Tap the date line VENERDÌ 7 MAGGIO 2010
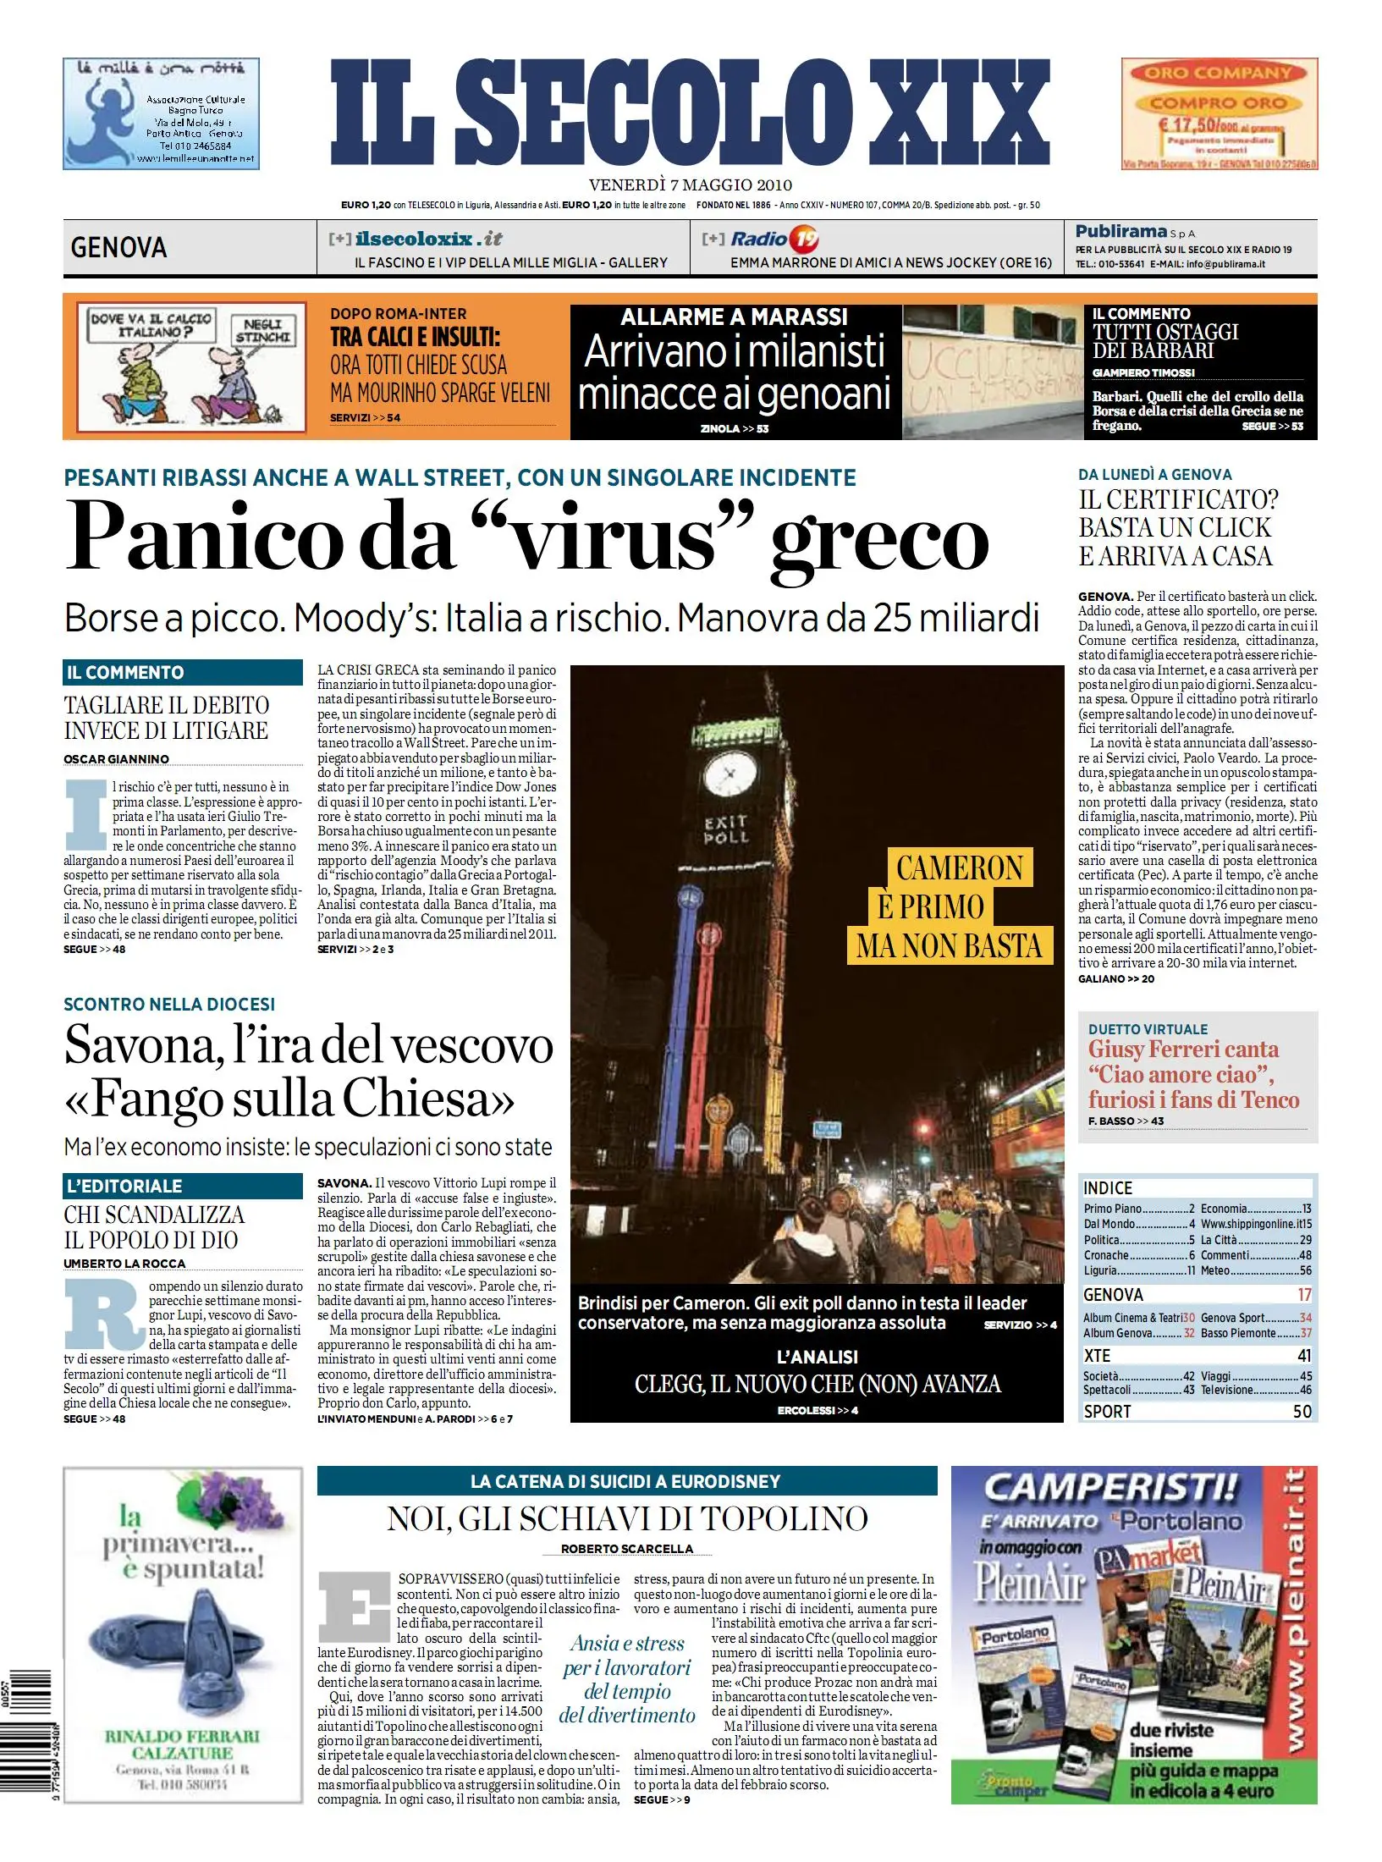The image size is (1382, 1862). pyautogui.click(x=690, y=185)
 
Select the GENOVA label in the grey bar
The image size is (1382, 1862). pyautogui.click(x=118, y=248)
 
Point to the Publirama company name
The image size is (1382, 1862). pyautogui.click(x=1121, y=231)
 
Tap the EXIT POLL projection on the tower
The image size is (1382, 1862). pyautogui.click(x=725, y=829)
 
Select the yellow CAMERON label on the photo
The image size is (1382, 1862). pyautogui.click(x=960, y=868)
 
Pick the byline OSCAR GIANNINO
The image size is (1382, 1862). pyautogui.click(x=116, y=759)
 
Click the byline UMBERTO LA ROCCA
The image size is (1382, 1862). pyautogui.click(x=124, y=1264)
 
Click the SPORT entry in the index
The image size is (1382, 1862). pyautogui.click(x=1107, y=1412)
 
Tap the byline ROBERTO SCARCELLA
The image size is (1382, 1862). pyautogui.click(x=626, y=1549)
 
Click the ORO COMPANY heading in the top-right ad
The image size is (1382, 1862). pyautogui.click(x=1218, y=73)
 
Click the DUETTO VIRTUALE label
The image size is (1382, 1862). pyautogui.click(x=1148, y=1029)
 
